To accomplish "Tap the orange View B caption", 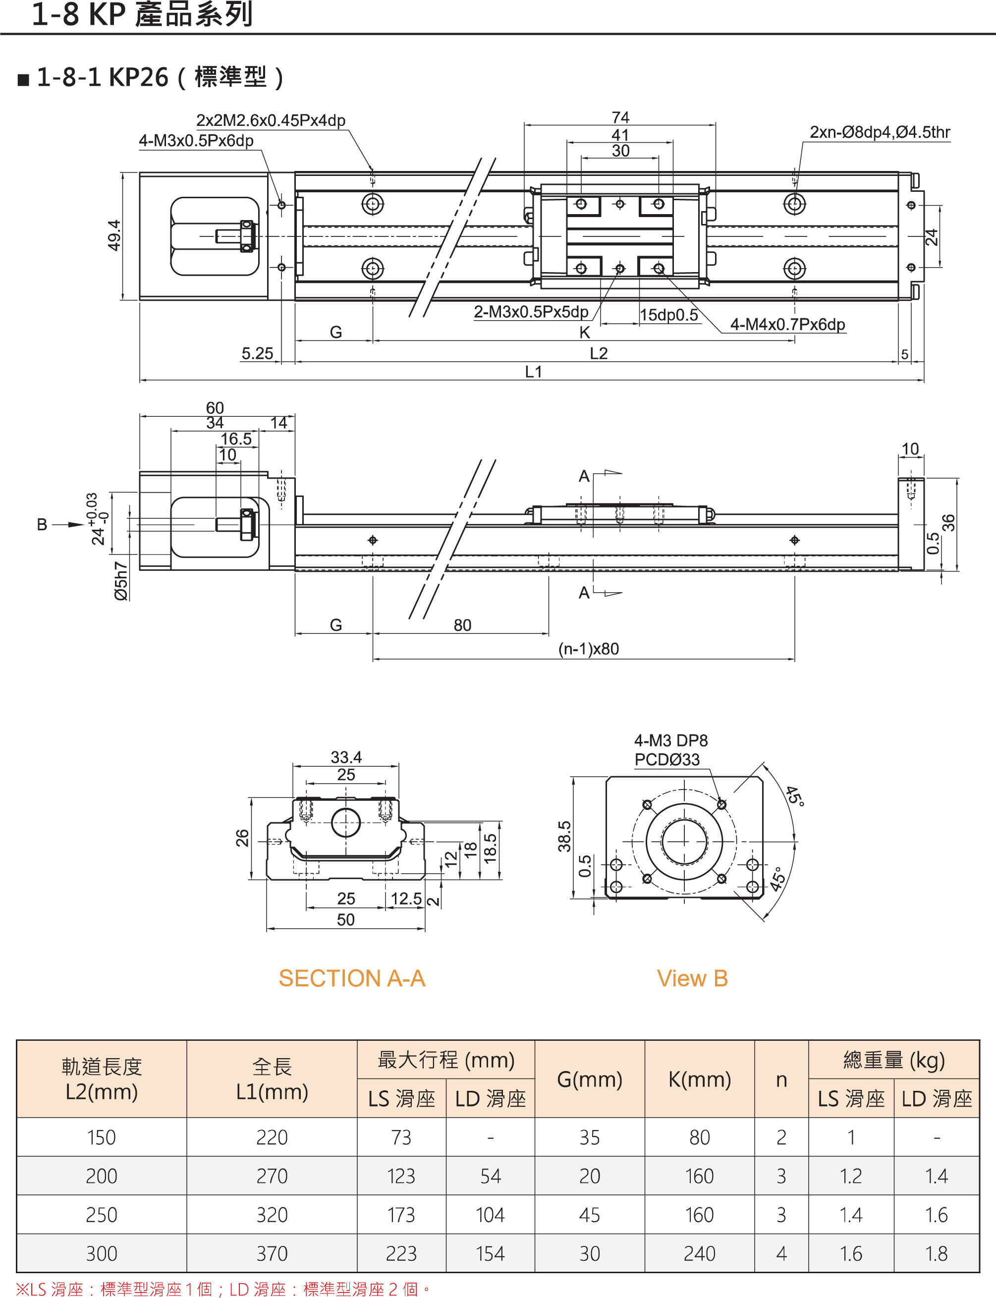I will [x=692, y=978].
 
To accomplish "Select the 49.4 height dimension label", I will [x=114, y=235].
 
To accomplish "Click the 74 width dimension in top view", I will [x=620, y=117].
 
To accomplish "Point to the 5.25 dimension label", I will [x=257, y=353].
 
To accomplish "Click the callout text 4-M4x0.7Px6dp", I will [x=787, y=324].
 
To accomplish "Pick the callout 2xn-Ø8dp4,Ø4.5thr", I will [x=880, y=132].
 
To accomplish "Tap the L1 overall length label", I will [x=534, y=372].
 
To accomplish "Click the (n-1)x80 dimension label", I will [x=588, y=649].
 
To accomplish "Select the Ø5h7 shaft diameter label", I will [x=121, y=581].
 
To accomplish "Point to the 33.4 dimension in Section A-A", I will [x=346, y=757].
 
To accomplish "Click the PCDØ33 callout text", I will [x=667, y=760].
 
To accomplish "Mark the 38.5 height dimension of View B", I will [x=564, y=836].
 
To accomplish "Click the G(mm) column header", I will [x=589, y=1079].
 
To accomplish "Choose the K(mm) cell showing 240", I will [x=700, y=1253].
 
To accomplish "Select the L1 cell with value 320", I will [x=272, y=1215].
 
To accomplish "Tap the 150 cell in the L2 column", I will [x=102, y=1137].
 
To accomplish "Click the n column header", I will [x=781, y=1080].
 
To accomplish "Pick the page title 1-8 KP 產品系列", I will [x=142, y=14].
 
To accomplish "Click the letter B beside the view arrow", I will [x=42, y=525].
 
